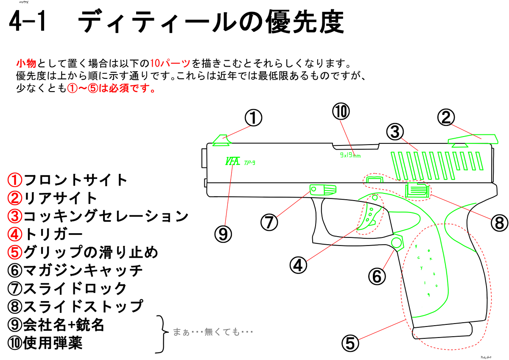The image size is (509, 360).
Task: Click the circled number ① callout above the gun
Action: point(253,118)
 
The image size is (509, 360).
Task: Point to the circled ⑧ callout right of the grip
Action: point(498,222)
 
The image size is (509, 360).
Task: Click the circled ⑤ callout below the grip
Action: point(350,343)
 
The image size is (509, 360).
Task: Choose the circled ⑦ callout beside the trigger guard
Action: point(269,222)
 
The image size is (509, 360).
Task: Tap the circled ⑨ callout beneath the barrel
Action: point(224,233)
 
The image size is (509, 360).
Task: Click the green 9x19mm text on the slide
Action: point(350,155)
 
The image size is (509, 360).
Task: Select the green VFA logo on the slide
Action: point(233,162)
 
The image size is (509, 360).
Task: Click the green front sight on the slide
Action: point(221,141)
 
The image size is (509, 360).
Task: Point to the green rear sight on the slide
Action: point(472,140)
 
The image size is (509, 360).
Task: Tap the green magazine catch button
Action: point(396,242)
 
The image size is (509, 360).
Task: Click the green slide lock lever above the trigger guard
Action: point(322,190)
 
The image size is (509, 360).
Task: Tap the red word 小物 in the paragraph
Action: point(26,64)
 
